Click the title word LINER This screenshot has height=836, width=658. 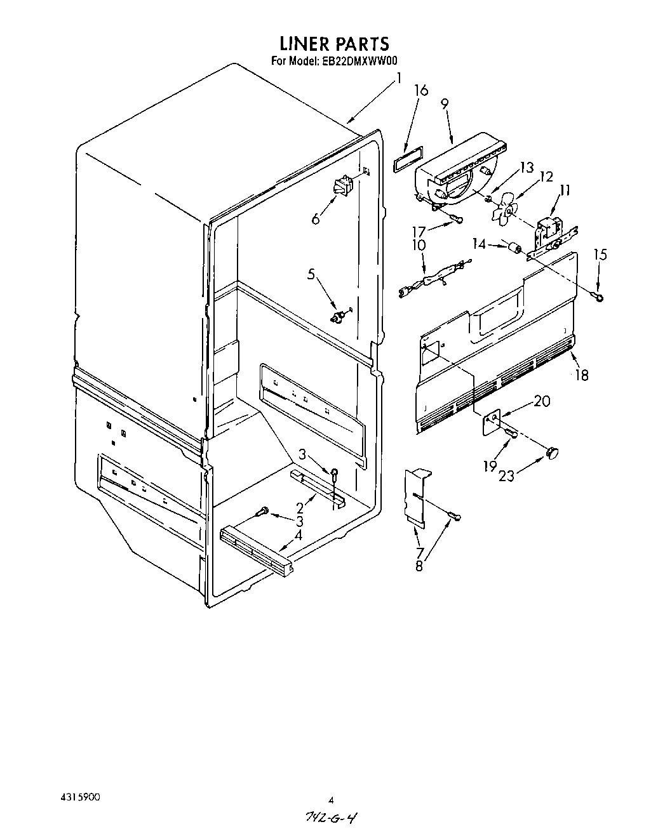(x=304, y=44)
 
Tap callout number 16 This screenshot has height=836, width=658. (x=421, y=90)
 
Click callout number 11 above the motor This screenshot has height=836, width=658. (x=565, y=189)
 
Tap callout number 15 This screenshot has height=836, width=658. (x=600, y=255)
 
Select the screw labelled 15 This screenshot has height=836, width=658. (x=598, y=295)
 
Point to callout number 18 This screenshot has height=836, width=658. (x=581, y=375)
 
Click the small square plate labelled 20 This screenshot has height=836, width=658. (x=490, y=423)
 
